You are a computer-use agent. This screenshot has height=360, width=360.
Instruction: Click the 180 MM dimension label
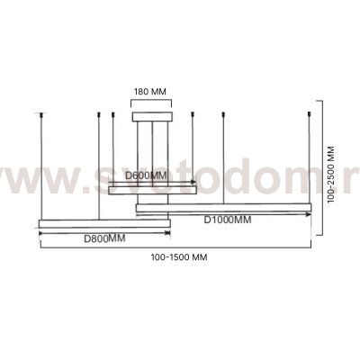pyautogui.click(x=149, y=91)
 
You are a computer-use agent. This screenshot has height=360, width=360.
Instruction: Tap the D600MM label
pyautogui.click(x=146, y=175)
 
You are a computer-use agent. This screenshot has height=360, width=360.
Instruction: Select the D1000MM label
pyautogui.click(x=228, y=220)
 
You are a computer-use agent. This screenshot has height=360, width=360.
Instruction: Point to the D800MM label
pyautogui.click(x=104, y=238)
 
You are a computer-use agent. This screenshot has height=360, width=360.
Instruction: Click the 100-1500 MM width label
pyautogui.click(x=179, y=257)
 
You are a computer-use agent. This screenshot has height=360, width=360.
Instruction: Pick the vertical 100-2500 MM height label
pyautogui.click(x=330, y=175)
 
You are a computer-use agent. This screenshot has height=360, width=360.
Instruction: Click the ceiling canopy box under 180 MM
pyautogui.click(x=152, y=116)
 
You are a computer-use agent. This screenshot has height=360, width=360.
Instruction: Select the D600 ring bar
pyautogui.click(x=152, y=190)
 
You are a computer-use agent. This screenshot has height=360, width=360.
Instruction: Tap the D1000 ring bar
pyautogui.click(x=223, y=208)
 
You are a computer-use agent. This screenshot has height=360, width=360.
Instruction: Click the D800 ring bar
pyautogui.click(x=104, y=223)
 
